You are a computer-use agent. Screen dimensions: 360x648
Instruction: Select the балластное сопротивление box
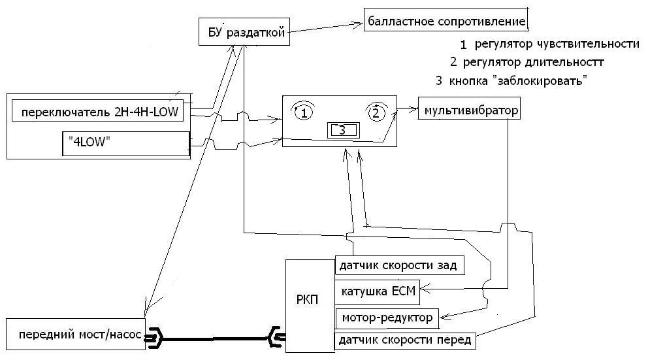[446, 22]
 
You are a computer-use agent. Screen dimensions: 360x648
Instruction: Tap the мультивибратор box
[470, 110]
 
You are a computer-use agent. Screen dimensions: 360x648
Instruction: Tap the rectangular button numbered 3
[341, 130]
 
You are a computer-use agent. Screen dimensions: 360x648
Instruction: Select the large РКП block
[310, 304]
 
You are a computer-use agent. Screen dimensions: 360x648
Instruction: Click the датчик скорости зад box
[400, 265]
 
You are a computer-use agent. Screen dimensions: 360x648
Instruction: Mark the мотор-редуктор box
[387, 318]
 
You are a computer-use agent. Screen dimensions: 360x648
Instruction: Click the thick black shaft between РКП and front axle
[216, 338]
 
